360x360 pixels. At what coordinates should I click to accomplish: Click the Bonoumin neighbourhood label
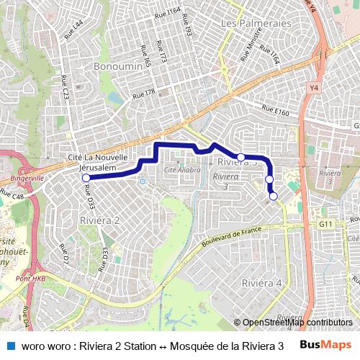pos(118,66)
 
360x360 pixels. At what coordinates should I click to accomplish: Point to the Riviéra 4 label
pos(262,282)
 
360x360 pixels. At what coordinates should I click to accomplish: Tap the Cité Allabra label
pos(182,170)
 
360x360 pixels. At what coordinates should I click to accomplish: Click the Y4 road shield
pos(313,88)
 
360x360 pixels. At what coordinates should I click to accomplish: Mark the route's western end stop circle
pos(86,178)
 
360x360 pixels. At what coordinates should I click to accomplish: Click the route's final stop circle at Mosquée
pos(274,196)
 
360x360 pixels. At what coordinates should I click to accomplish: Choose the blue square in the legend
pos(10,345)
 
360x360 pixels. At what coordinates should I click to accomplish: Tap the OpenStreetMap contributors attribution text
pos(297,323)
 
